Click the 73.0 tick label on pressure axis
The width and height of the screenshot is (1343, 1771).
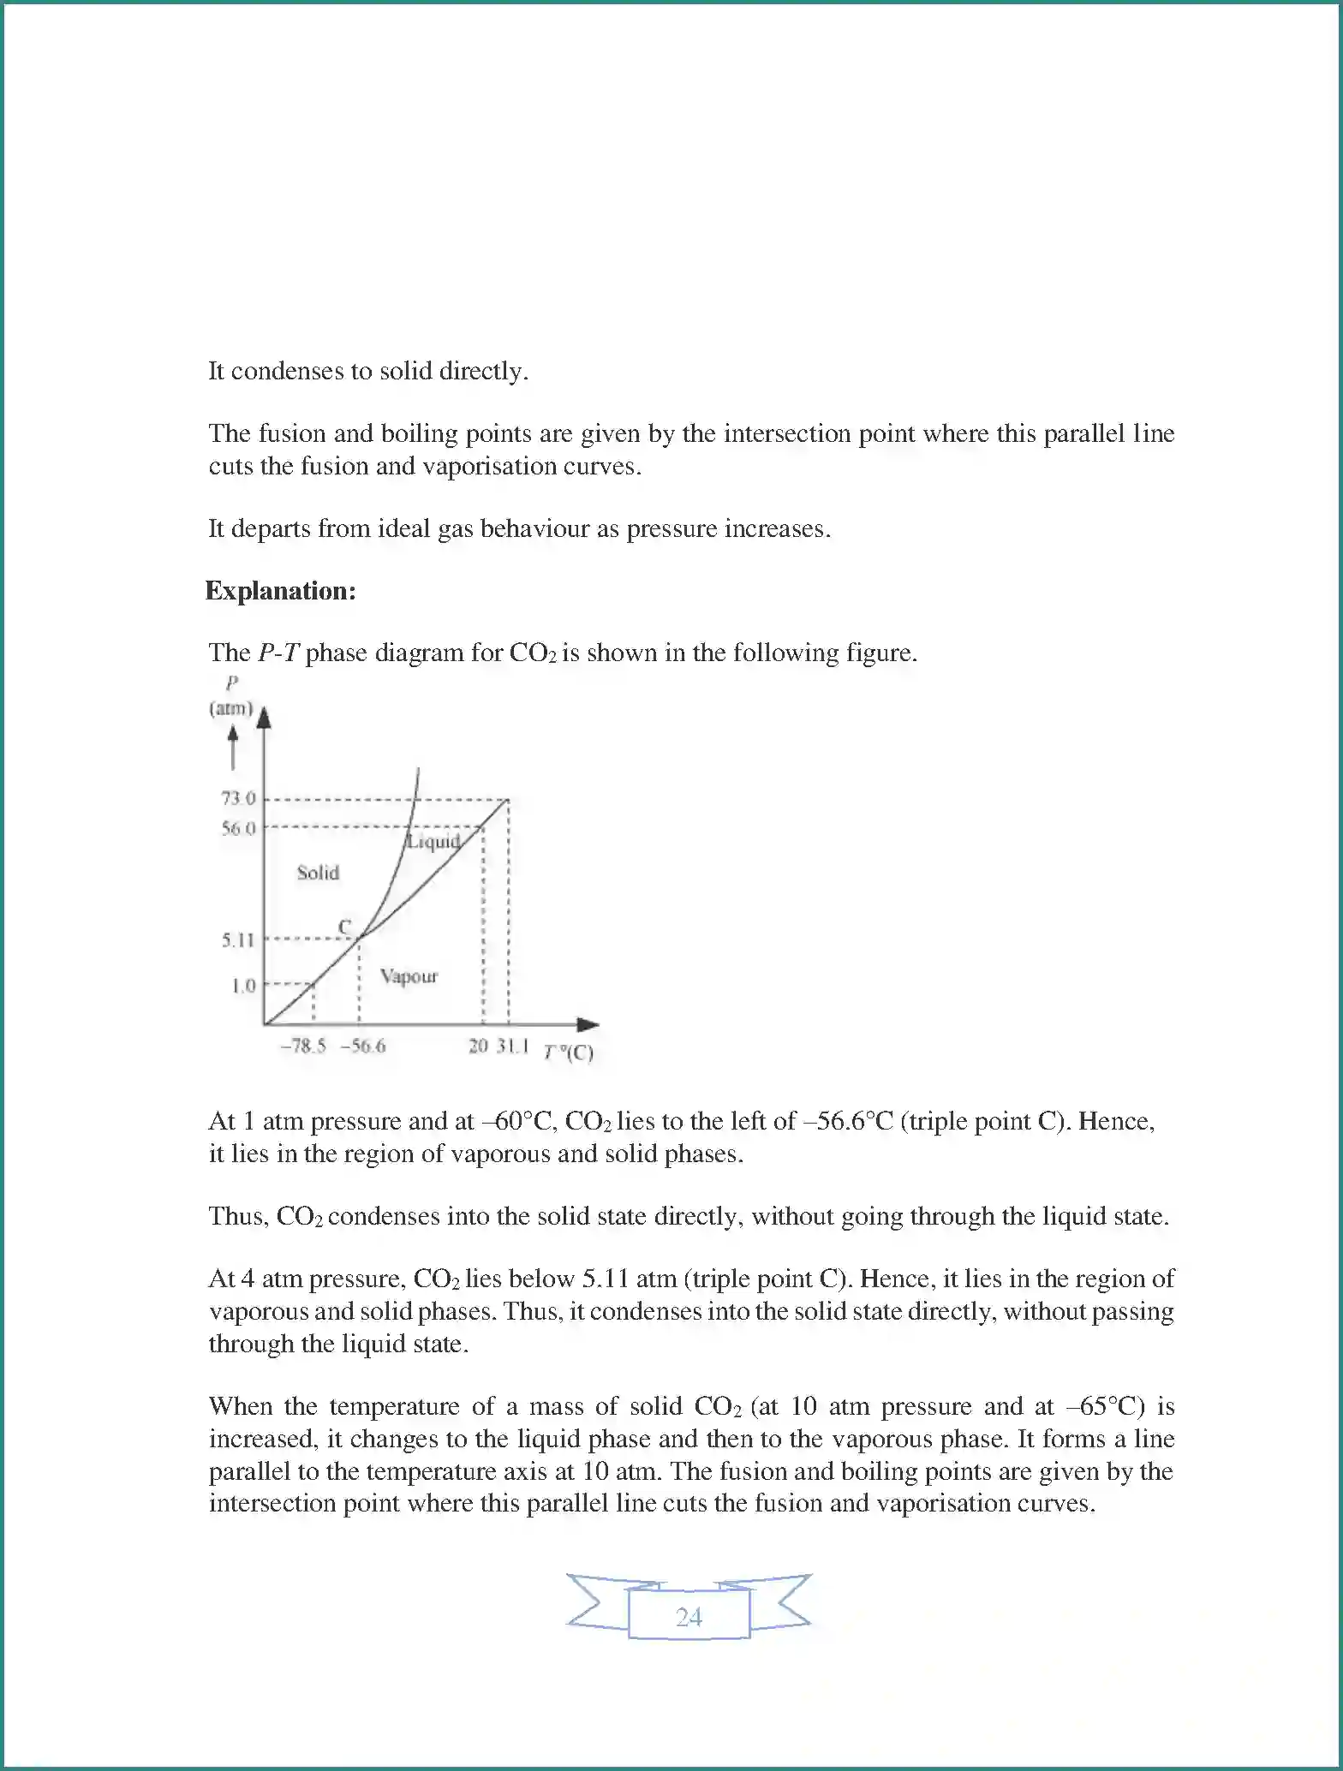point(238,798)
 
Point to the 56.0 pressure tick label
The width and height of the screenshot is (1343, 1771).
point(238,828)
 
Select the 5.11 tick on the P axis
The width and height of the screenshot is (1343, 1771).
point(238,939)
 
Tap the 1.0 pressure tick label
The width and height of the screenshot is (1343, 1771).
point(243,986)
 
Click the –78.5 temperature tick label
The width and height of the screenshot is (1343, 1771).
point(303,1046)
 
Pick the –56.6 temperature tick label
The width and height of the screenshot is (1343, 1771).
point(363,1046)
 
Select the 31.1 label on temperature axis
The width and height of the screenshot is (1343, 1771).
point(511,1046)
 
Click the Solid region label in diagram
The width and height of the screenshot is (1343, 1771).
point(318,873)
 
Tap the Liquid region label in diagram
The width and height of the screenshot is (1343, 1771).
point(433,841)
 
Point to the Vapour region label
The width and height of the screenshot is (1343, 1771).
point(409,976)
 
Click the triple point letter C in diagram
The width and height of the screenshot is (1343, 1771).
point(344,927)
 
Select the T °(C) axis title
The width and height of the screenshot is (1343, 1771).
point(568,1052)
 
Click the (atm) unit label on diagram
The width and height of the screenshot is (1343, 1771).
point(231,708)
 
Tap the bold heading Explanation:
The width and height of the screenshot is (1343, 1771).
point(280,591)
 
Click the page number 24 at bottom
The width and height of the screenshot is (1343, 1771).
point(689,1617)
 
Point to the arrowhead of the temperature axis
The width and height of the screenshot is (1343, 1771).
point(588,1024)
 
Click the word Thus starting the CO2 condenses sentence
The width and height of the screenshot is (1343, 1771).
point(239,1216)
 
